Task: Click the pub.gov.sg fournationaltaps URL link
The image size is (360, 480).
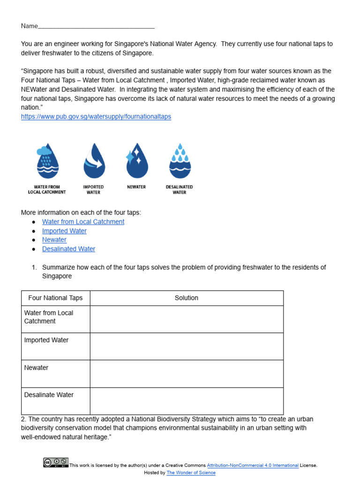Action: coord(96,117)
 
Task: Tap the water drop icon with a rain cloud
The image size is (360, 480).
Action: coord(47,161)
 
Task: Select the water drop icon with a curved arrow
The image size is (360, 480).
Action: coord(93,161)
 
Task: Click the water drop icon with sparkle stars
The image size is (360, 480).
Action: coord(136,161)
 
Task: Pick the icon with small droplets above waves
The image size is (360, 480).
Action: coord(180,161)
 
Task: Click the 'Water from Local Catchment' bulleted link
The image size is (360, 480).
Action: coord(83,222)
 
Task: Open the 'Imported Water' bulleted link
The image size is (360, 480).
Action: coord(64,231)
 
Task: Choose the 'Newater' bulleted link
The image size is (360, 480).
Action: coord(54,240)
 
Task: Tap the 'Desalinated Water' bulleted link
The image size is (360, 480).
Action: coord(68,249)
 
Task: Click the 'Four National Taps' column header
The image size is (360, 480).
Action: coord(55,298)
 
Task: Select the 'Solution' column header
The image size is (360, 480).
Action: coord(187,298)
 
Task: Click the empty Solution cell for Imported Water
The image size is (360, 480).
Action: coord(187,346)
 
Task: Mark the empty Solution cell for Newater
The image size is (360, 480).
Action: coord(187,374)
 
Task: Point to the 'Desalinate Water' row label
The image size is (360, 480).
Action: coord(49,395)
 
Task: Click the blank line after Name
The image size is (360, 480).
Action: coord(96,26)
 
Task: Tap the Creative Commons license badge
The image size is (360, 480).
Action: coord(56,463)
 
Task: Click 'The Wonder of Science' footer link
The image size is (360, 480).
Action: coord(191,473)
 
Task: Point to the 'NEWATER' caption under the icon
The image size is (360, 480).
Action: coord(136,187)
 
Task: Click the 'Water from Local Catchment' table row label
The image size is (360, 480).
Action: coord(49,317)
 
